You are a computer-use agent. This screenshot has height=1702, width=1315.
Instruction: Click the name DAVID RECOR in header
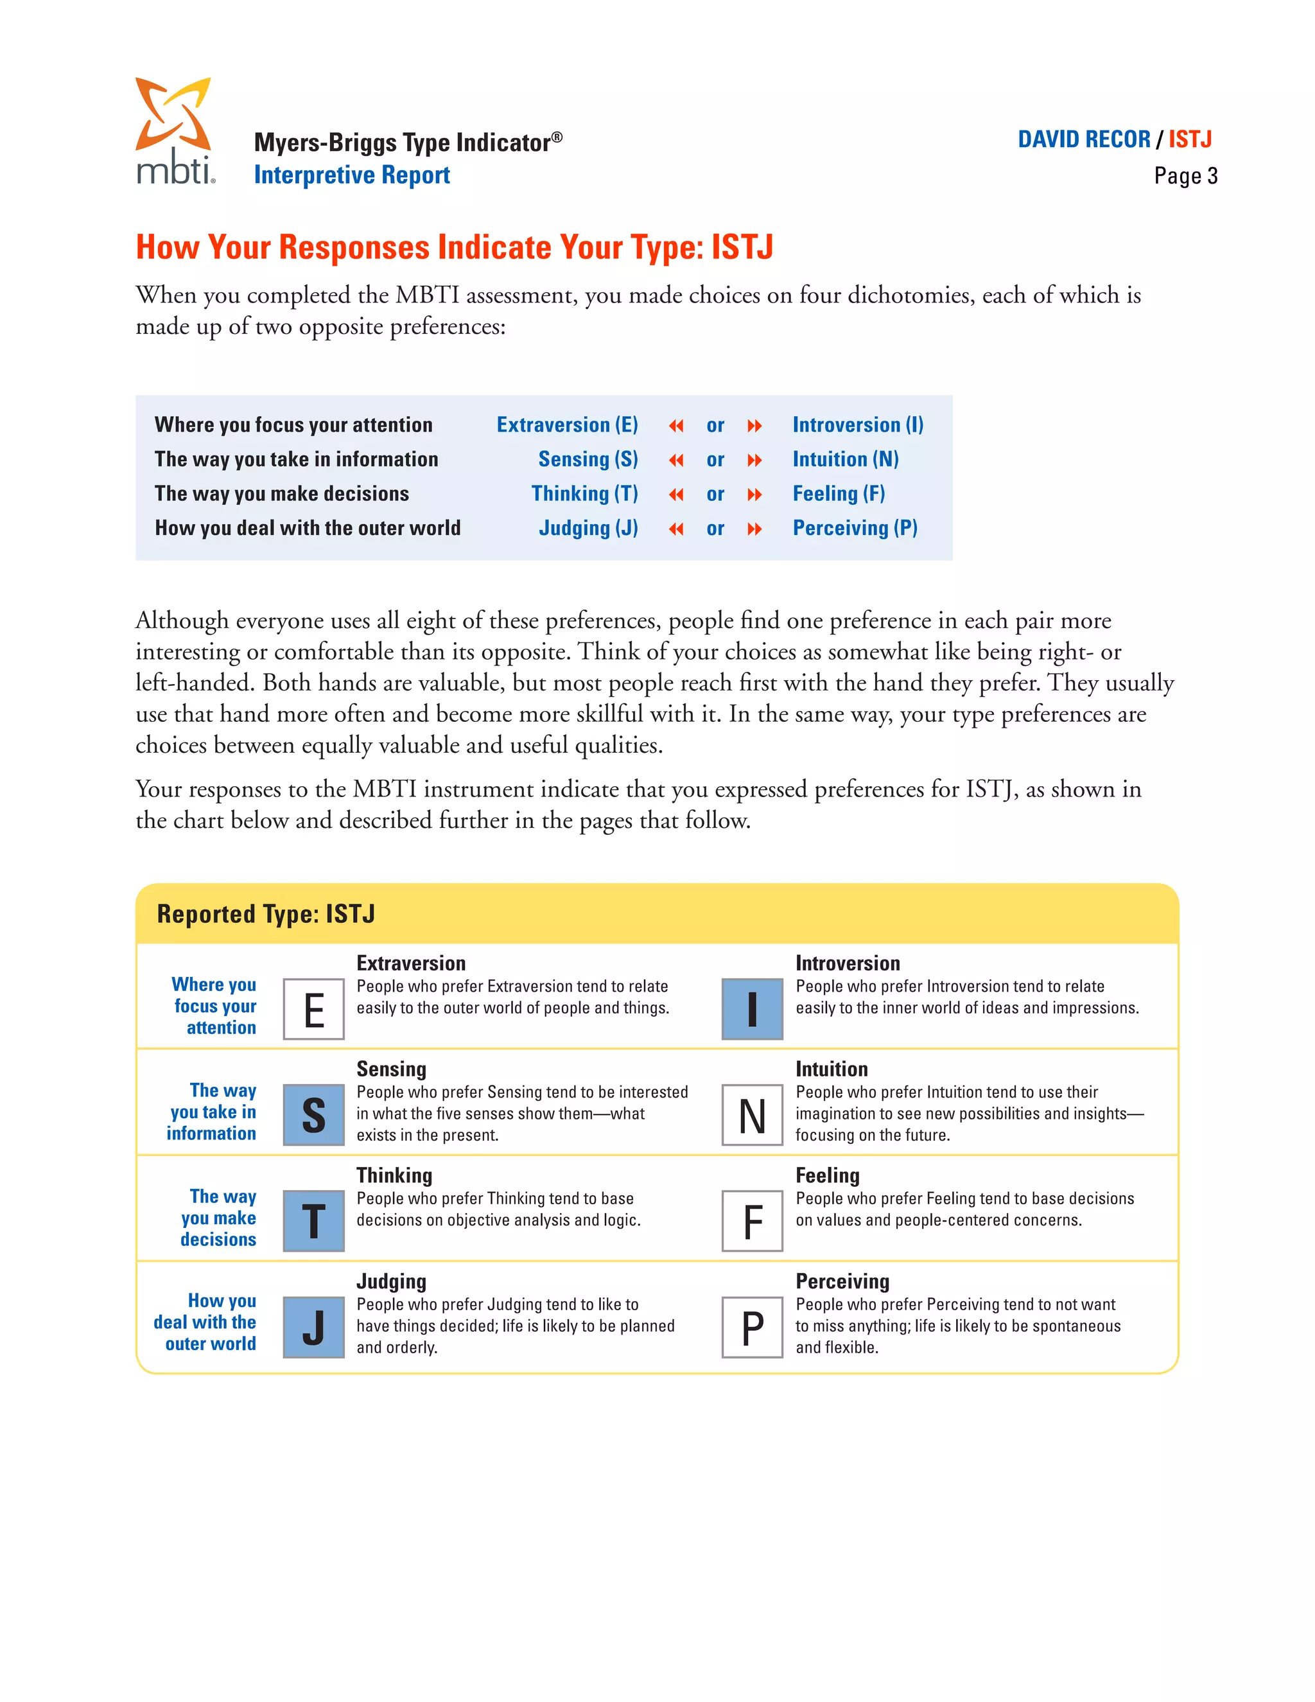click(x=1084, y=139)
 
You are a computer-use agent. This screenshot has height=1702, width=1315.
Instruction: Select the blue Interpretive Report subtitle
click(x=351, y=175)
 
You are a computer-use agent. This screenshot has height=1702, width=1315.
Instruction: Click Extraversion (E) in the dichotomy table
click(x=567, y=425)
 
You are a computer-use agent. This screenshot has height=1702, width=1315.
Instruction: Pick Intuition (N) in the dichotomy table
click(x=845, y=459)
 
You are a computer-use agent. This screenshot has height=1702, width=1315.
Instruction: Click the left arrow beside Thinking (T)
click(x=675, y=495)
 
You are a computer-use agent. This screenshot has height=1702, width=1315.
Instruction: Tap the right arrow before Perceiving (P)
click(x=754, y=529)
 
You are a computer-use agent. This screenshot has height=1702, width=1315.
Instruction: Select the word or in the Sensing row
click(x=715, y=460)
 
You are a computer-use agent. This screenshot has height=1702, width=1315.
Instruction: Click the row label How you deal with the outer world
click(x=308, y=529)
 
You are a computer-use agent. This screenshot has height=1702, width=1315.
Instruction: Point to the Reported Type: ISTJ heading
click(x=266, y=914)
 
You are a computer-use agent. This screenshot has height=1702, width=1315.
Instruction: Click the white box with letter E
click(x=313, y=1009)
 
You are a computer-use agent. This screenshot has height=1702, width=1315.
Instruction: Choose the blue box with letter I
click(x=752, y=1009)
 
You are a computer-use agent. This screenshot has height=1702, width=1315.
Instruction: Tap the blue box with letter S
click(x=313, y=1115)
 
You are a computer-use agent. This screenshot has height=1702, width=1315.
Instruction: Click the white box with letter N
click(x=752, y=1115)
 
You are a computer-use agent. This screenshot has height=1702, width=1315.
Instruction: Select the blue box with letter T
click(x=313, y=1221)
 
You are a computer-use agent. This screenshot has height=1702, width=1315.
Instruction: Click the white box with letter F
click(x=752, y=1221)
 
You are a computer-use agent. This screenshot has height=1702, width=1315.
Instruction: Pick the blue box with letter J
click(x=313, y=1327)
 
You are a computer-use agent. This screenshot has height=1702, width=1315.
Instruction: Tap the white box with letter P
click(x=752, y=1327)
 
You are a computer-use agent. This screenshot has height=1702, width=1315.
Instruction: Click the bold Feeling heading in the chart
click(x=827, y=1175)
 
